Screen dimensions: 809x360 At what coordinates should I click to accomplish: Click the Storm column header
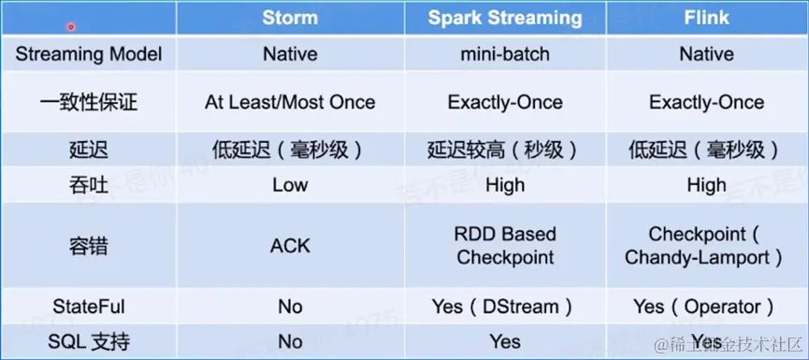click(290, 18)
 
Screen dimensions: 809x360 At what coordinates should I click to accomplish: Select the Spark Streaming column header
click(505, 18)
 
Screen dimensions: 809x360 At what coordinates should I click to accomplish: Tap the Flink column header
click(706, 18)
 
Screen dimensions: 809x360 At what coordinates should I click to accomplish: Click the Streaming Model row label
click(89, 54)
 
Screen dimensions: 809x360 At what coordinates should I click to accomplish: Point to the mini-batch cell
click(505, 54)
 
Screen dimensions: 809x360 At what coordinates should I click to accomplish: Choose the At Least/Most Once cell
click(290, 102)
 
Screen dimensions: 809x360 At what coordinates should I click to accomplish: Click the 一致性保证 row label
click(89, 103)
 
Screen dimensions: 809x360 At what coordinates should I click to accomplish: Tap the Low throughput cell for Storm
click(290, 185)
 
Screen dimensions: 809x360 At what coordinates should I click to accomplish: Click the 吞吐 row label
click(89, 185)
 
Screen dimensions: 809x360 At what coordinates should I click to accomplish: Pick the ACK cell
click(290, 246)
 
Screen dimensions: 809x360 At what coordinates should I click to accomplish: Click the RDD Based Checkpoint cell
click(505, 246)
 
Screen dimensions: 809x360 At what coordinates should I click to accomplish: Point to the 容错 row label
click(89, 246)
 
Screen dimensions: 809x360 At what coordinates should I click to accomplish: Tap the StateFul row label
click(89, 307)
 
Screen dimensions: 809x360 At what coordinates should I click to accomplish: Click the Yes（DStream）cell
click(502, 308)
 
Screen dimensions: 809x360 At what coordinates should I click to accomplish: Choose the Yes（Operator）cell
click(703, 308)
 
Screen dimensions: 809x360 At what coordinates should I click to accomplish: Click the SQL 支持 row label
click(89, 341)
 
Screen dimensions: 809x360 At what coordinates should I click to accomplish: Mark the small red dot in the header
click(71, 27)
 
